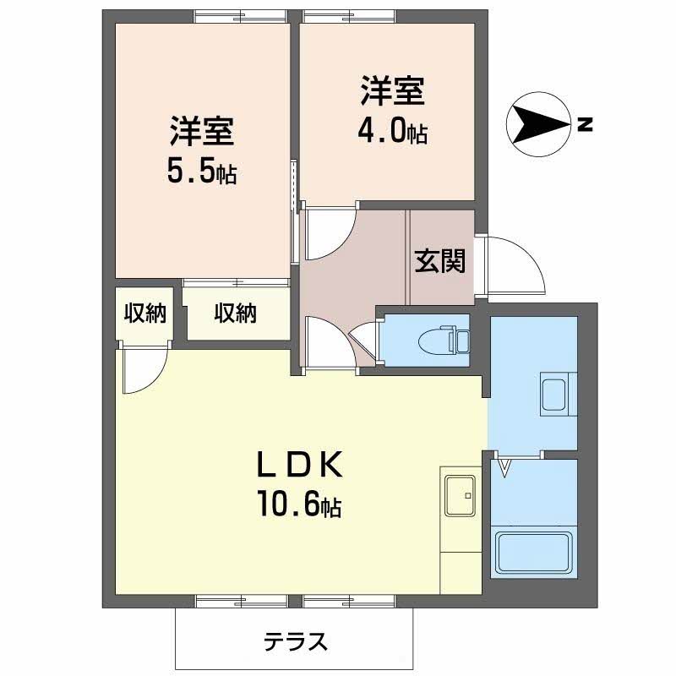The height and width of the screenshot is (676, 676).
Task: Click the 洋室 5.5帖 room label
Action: click(202, 150)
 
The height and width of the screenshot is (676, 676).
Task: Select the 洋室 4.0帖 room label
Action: click(393, 110)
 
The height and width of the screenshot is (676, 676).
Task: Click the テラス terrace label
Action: click(296, 642)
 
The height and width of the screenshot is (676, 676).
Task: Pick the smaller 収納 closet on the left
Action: click(144, 313)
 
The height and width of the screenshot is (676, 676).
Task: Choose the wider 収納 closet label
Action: click(236, 313)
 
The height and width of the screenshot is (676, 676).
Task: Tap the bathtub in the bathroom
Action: click(534, 553)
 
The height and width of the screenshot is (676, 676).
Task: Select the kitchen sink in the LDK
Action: click(461, 495)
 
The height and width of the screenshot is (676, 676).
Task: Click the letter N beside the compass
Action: click(585, 124)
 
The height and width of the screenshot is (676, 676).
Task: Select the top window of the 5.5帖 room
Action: click(240, 16)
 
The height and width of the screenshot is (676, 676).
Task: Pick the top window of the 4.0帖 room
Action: click(349, 16)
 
